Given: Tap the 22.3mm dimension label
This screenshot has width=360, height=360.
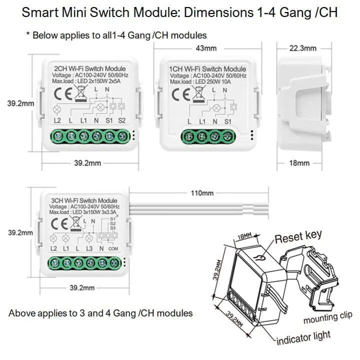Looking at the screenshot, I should click(303, 48).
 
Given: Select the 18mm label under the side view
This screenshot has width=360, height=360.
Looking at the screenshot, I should click(300, 163).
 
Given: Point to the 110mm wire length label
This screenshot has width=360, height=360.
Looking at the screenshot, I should click(202, 193).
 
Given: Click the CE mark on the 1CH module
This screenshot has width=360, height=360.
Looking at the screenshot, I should click(181, 94).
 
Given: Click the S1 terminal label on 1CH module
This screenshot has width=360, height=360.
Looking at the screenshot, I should click(228, 121).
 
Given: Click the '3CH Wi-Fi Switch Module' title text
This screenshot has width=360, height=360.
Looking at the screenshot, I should click(83, 200).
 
